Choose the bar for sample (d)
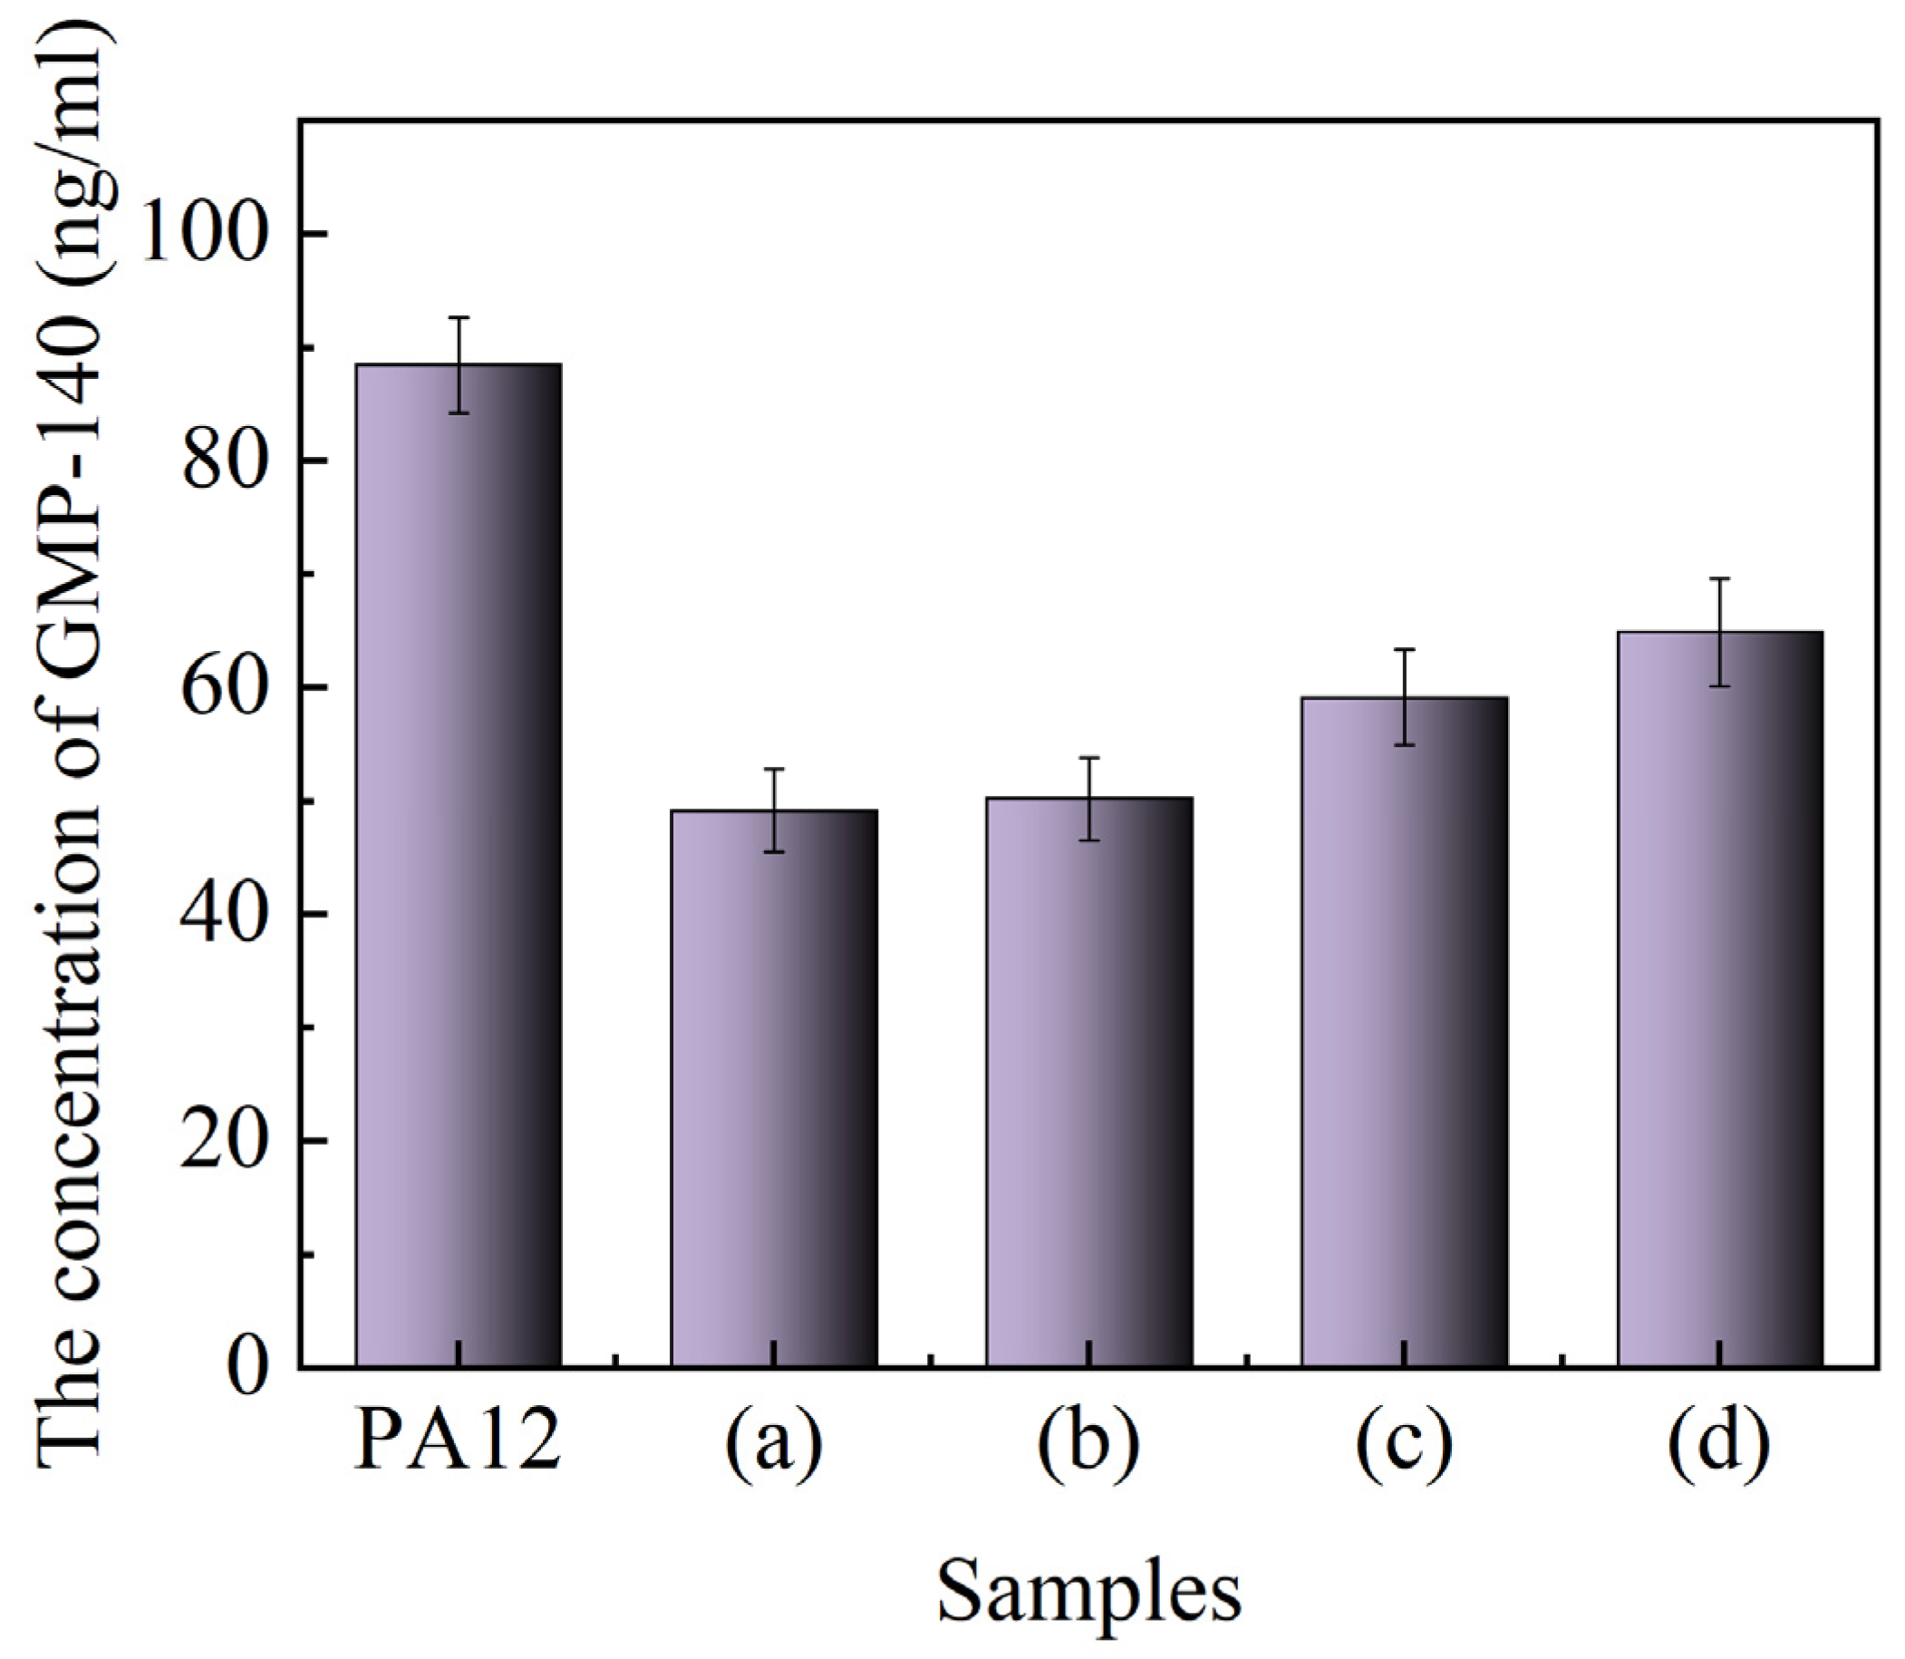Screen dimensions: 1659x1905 (1720, 999)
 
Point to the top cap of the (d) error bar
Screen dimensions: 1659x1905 (1720, 578)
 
